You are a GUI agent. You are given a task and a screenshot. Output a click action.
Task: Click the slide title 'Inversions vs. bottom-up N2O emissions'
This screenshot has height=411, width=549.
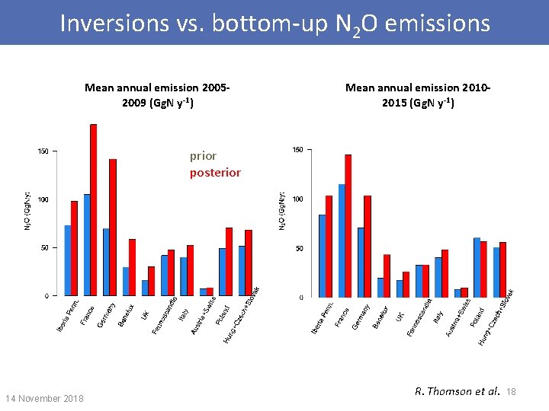pos(274,23)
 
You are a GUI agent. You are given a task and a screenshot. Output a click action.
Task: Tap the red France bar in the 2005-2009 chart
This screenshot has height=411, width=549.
pos(94,209)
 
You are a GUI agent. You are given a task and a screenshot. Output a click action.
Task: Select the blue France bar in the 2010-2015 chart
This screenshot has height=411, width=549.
pos(342,240)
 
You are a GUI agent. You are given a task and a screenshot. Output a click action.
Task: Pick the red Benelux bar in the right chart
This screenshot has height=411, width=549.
pos(387,276)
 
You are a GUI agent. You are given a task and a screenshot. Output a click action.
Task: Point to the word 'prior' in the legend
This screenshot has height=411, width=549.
pos(204,156)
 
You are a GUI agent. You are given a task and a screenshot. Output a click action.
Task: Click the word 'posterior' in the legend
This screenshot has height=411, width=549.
pos(215,173)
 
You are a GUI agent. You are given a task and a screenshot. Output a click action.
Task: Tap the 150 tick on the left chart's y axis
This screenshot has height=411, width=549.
pos(43,151)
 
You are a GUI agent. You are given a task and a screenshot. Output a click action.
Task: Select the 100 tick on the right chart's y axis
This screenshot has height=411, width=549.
pos(298,199)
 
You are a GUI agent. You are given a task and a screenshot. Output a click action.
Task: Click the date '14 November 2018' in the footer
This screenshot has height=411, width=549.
pos(44,398)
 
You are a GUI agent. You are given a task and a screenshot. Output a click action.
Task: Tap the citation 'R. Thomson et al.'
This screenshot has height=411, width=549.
pos(457,392)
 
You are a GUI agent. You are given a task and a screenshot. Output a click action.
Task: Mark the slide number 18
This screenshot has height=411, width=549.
pos(511,392)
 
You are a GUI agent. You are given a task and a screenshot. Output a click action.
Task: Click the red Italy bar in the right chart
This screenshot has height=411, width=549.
pos(445,273)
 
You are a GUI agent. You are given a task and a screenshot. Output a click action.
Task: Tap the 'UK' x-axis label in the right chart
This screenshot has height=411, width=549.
pos(400,313)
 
